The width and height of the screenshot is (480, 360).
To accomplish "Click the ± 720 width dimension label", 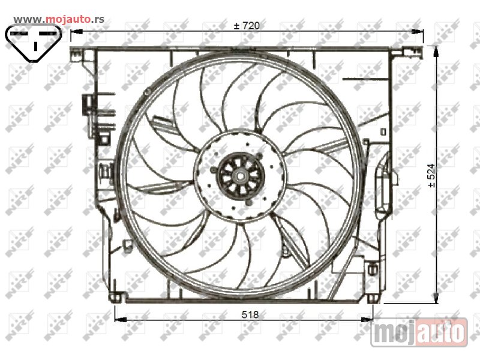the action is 247,25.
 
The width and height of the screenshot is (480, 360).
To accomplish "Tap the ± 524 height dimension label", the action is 431,175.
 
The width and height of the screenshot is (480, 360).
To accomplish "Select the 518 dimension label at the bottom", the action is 250,314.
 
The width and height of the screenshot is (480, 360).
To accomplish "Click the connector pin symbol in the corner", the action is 34,43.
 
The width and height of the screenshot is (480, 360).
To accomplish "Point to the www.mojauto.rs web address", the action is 59,19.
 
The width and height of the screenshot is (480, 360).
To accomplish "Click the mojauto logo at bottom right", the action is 419,332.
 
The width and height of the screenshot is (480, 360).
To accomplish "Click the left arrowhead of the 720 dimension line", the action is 77,31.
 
